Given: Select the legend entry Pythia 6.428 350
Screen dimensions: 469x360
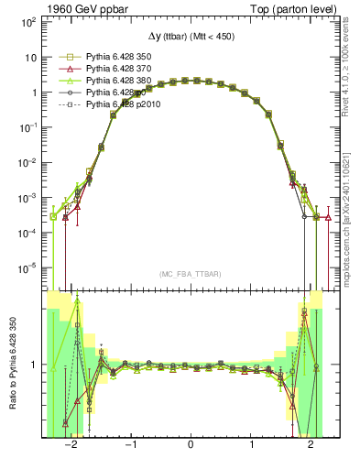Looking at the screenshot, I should click(116, 57).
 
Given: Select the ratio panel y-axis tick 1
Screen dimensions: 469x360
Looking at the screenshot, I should click(37, 365).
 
